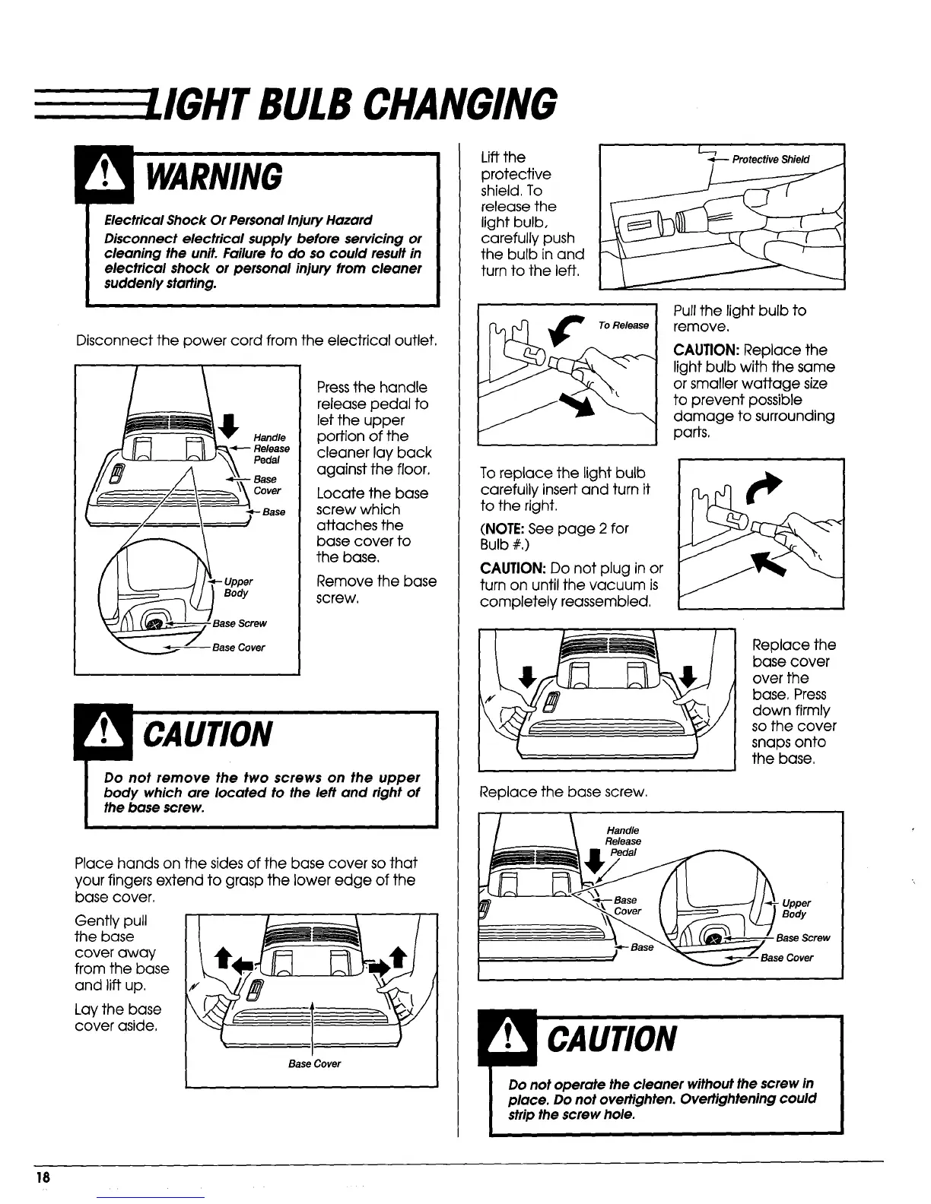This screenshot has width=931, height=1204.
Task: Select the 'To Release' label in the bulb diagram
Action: tap(623, 325)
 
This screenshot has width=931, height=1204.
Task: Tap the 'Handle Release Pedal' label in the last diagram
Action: tap(623, 841)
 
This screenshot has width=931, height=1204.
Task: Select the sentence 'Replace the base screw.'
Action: tap(563, 792)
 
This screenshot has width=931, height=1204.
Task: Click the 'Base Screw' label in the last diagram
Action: tap(802, 938)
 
